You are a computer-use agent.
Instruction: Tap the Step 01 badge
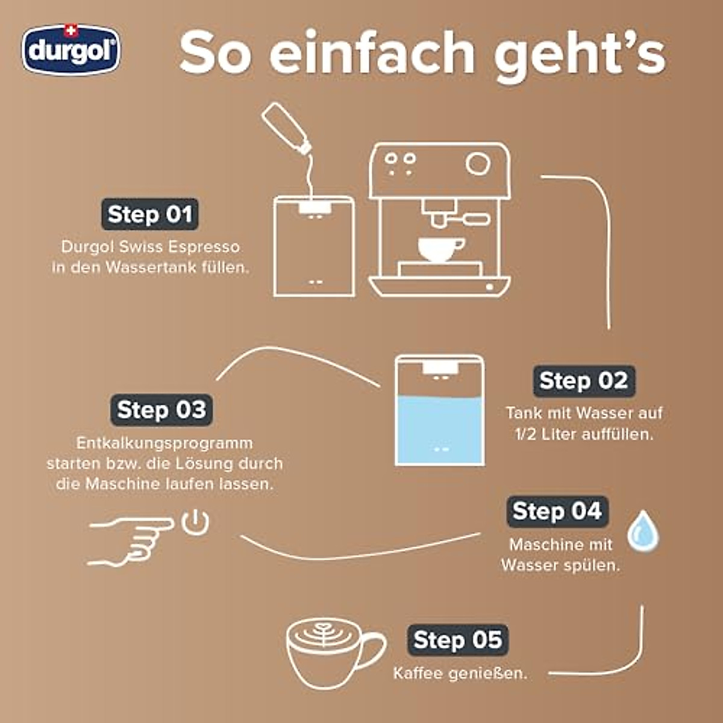coord(149,214)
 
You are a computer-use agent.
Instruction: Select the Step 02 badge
coord(583,381)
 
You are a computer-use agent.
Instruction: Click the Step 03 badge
coord(161,410)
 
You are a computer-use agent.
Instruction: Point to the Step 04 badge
coord(557,511)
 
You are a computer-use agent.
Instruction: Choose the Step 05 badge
coord(458,640)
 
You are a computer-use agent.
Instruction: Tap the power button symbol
coord(196,522)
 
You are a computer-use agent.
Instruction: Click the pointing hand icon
coord(130,540)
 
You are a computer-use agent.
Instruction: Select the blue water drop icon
coord(642,531)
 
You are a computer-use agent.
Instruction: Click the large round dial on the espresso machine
coord(478,163)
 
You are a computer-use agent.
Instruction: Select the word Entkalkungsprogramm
coord(164,443)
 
